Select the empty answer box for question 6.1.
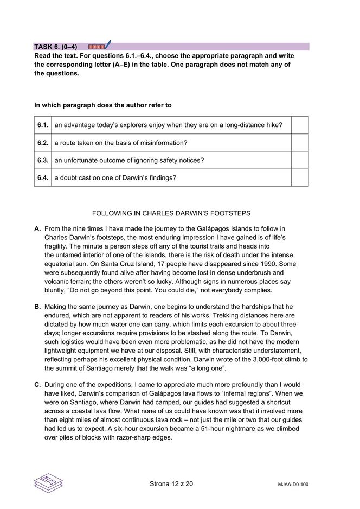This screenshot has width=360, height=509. [x=300, y=125]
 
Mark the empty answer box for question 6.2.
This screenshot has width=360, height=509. [x=300, y=143]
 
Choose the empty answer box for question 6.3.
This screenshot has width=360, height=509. [x=300, y=160]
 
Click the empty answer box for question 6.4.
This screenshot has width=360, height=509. [x=300, y=177]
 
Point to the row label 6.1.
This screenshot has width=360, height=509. [x=43, y=125]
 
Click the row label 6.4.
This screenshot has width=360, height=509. [x=43, y=177]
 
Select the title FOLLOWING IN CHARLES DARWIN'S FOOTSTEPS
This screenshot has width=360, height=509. [x=171, y=213]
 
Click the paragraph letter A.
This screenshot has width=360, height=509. [x=37, y=229]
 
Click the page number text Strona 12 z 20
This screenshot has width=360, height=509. [x=171, y=483]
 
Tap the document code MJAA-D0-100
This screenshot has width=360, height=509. [x=293, y=484]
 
